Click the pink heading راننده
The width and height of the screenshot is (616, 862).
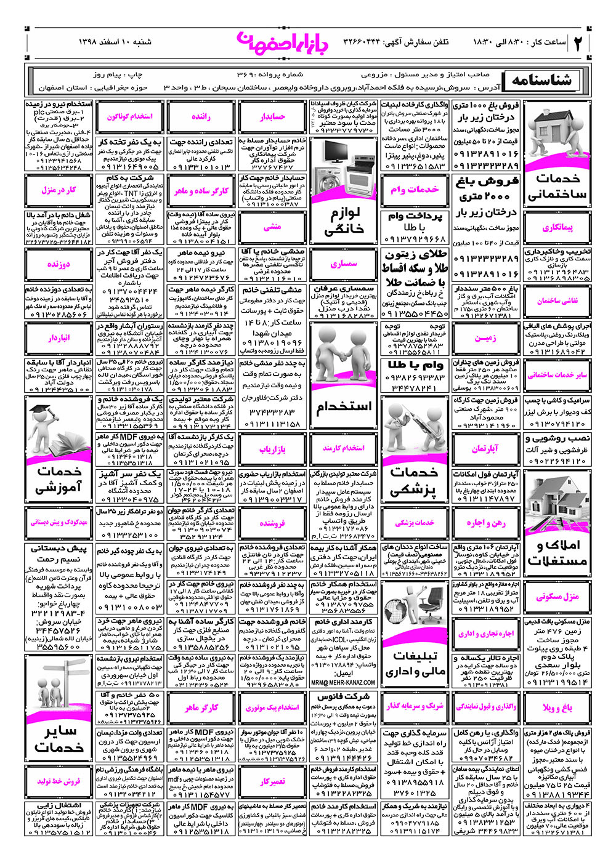pos(201,116)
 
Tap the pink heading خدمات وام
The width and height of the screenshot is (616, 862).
pos(415,190)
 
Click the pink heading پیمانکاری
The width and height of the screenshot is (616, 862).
pos(557,227)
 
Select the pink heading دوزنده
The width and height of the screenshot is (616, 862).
pos(59,264)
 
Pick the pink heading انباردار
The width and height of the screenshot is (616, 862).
pos(59,338)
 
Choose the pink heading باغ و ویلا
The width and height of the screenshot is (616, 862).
pos(557,707)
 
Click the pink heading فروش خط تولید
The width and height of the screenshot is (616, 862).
pos(59,781)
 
